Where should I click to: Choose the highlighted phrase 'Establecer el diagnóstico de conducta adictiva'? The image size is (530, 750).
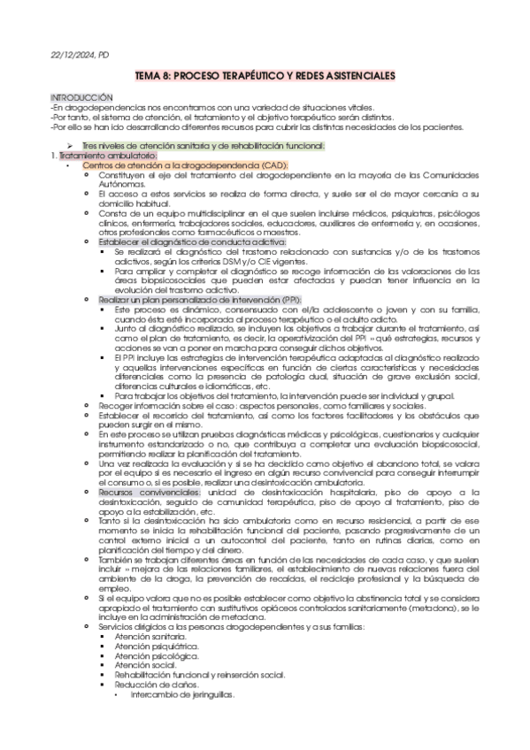pyautogui.click(x=206, y=241)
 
